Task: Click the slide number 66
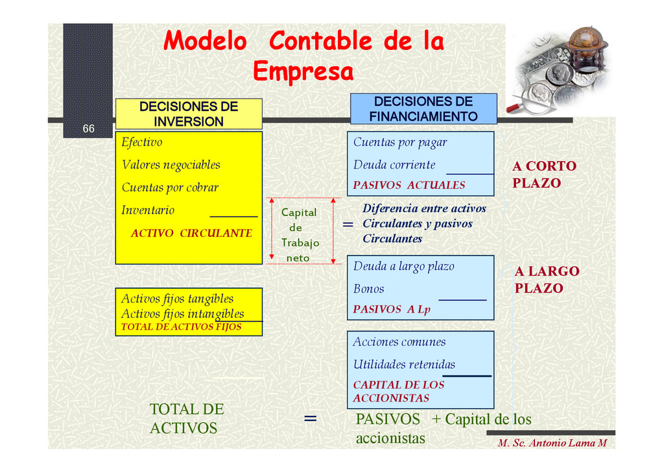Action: tap(88, 129)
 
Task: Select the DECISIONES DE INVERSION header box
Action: tap(189, 114)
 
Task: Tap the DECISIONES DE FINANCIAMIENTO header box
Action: tap(423, 109)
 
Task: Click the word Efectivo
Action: tap(142, 142)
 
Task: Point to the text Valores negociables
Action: tap(171, 165)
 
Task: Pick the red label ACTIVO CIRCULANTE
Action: tap(191, 233)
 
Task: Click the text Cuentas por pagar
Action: tap(400, 142)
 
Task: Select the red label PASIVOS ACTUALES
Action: tap(409, 185)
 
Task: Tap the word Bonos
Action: tap(368, 289)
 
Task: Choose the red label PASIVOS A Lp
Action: tap(392, 309)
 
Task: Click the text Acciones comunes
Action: tap(399, 342)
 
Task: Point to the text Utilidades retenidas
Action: tap(404, 365)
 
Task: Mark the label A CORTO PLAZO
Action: tap(544, 175)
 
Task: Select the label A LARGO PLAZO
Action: tap(547, 280)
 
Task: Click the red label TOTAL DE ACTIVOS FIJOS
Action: tap(181, 327)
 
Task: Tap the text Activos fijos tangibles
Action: tap(177, 299)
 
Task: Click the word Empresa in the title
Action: tap(303, 71)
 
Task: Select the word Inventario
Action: tap(148, 210)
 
